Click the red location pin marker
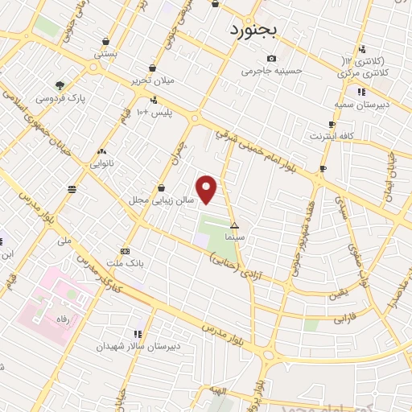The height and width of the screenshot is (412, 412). pyautogui.click(x=207, y=189)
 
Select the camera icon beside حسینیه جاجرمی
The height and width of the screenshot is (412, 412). pyautogui.click(x=272, y=58)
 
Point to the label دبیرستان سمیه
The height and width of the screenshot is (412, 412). pyautogui.click(x=361, y=105)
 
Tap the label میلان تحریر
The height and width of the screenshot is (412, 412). pyautogui.click(x=153, y=80)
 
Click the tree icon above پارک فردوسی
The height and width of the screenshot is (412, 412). pyautogui.click(x=60, y=84)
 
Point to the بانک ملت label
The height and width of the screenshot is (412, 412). pyautogui.click(x=125, y=262)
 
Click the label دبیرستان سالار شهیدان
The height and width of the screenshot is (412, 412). pyautogui.click(x=140, y=346)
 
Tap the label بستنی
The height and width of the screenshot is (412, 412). pyautogui.click(x=104, y=55)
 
